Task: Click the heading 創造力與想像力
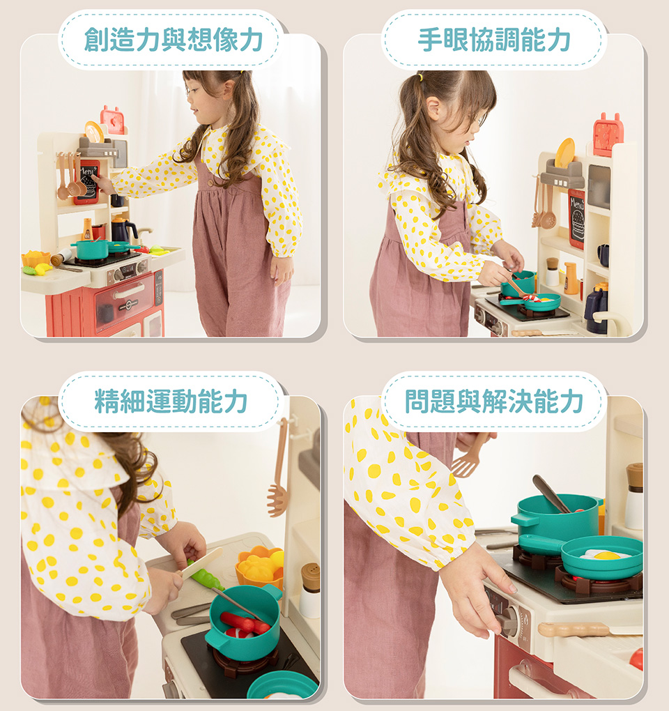point(174,40)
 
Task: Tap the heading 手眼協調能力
point(494,40)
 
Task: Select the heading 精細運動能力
point(171,401)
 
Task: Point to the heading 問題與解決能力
point(494,401)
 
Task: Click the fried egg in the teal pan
point(605,555)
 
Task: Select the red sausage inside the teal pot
point(245,623)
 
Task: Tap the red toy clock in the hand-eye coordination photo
point(608,135)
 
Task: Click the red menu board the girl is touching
point(88,181)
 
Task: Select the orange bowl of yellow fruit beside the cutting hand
point(259,567)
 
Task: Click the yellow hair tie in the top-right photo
point(421,77)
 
